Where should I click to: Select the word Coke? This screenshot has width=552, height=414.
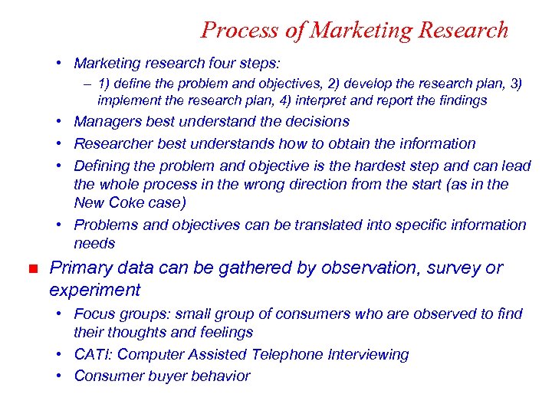(125, 203)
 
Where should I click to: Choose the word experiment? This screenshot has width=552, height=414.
(95, 290)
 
